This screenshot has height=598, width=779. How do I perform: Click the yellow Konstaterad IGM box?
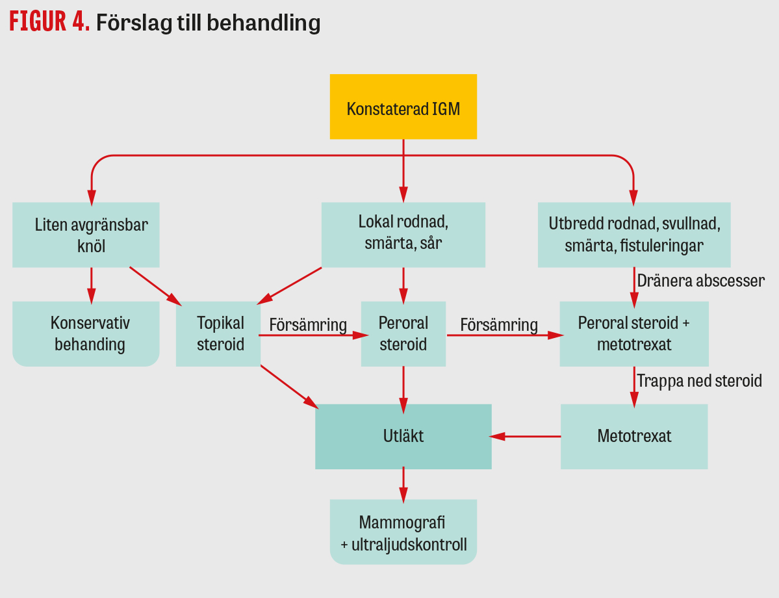tap(403, 107)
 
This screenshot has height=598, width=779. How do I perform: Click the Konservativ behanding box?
tap(86, 333)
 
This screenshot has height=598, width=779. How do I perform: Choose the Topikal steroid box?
tap(218, 333)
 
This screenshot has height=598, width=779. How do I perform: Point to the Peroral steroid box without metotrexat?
tap(403, 333)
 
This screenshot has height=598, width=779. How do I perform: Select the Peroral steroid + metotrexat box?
tap(633, 333)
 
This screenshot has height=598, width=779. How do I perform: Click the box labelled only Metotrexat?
tap(633, 436)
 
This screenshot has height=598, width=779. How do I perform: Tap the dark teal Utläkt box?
tap(403, 436)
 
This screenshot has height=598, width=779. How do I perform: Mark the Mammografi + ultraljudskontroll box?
tap(403, 532)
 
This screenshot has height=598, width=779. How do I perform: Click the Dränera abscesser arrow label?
tap(700, 281)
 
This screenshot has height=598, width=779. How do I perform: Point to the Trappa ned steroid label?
tap(699, 381)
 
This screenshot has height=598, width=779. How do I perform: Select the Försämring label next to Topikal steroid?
tap(308, 324)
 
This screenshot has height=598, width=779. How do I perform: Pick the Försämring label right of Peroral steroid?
tap(499, 324)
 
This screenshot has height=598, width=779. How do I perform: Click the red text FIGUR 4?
tap(49, 23)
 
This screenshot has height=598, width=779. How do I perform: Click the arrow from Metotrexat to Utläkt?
tap(526, 436)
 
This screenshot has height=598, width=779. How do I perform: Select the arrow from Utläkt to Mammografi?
tap(403, 484)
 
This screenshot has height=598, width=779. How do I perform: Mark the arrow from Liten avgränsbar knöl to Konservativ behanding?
tap(91, 284)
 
